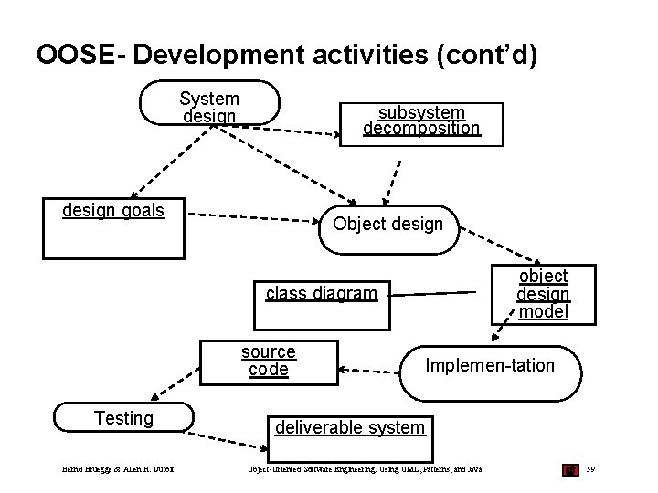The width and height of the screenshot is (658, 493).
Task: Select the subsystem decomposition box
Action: pos(422,121)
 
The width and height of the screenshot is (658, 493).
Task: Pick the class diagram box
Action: pos(322,302)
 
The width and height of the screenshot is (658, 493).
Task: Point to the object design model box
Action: pos(544,293)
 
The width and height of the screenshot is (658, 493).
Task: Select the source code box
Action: pos(268,361)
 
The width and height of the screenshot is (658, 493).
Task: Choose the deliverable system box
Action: pos(350,437)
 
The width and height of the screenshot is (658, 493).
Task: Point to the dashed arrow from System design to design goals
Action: pos(169,160)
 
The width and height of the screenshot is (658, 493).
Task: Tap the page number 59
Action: pos(592,469)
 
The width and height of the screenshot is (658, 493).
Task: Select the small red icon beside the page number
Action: pos(570,469)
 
